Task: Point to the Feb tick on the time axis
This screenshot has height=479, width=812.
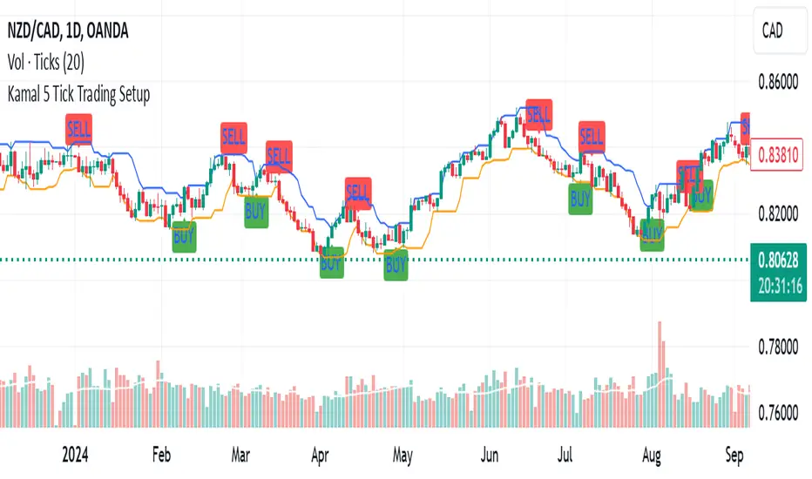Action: tap(161, 454)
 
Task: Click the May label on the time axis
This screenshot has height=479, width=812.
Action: tap(402, 454)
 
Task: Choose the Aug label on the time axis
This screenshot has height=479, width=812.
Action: tap(650, 454)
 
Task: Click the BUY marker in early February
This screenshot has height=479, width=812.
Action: tap(184, 236)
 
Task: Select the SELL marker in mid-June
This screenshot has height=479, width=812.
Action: tap(538, 112)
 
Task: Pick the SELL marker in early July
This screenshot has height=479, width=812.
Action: tap(591, 137)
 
